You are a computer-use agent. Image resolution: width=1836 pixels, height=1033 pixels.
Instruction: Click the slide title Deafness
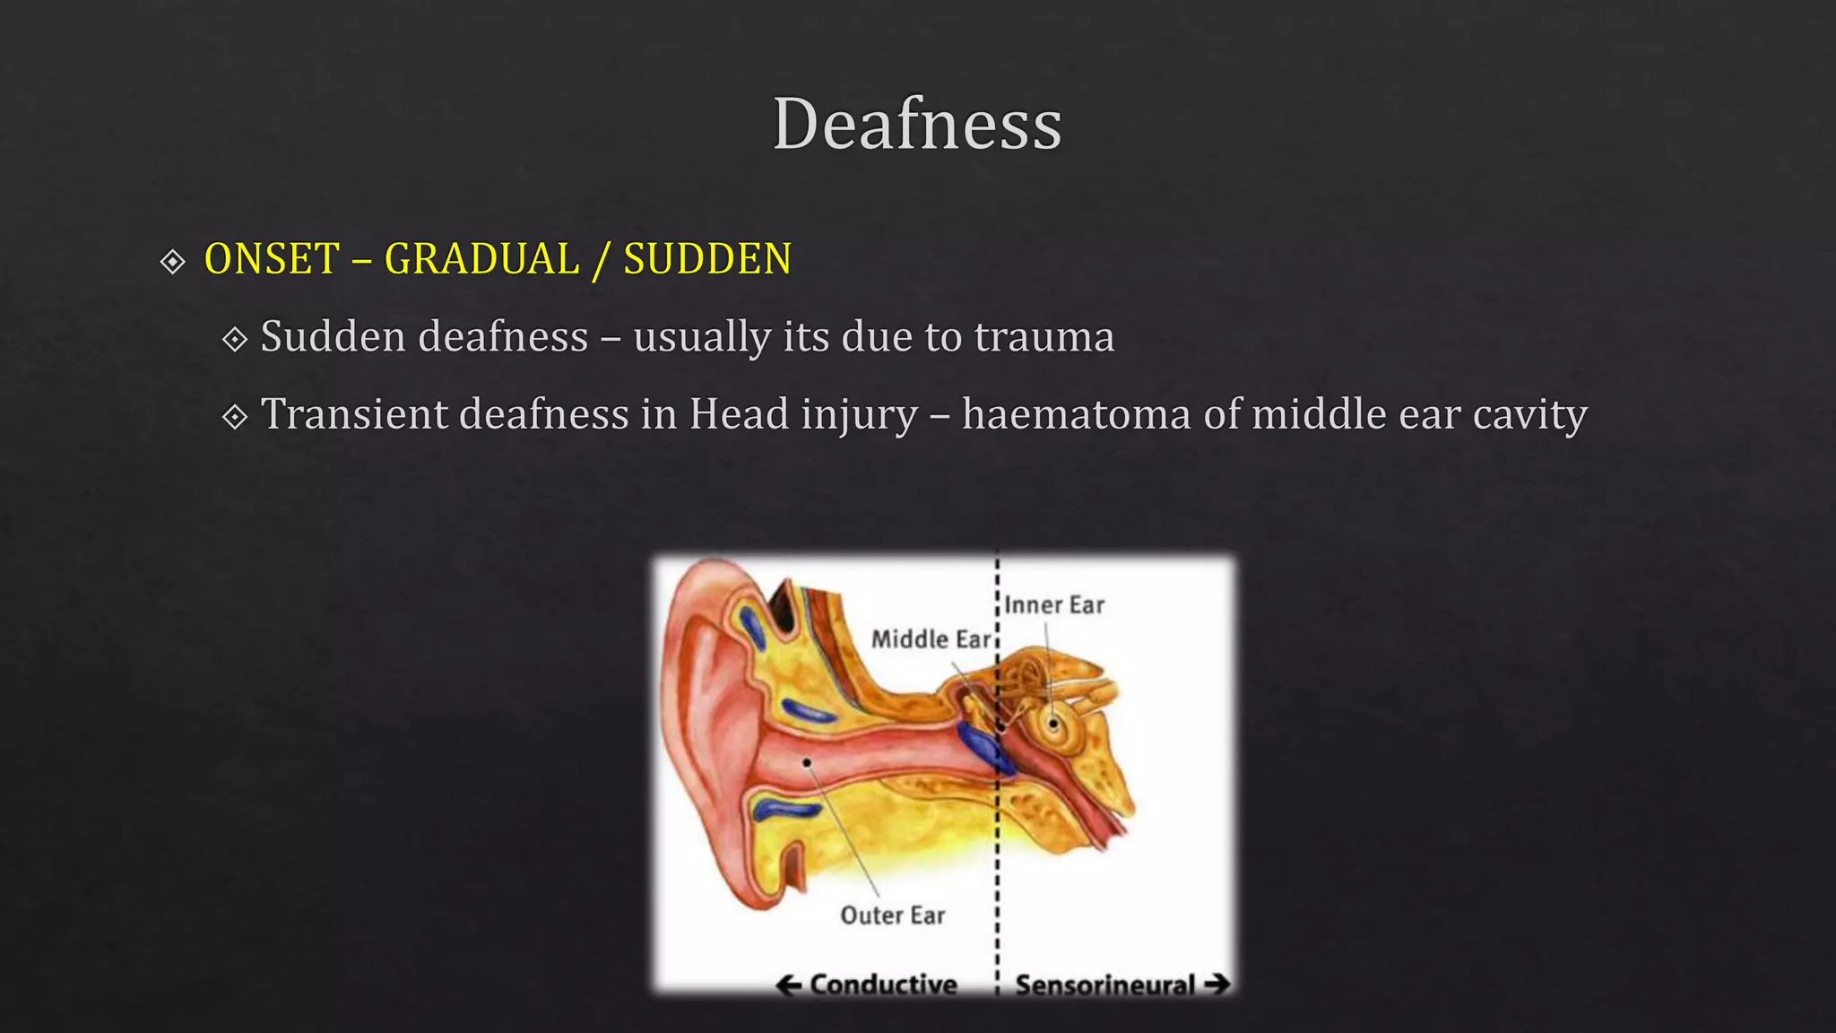(917, 124)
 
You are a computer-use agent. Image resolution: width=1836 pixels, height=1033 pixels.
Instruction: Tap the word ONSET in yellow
(272, 259)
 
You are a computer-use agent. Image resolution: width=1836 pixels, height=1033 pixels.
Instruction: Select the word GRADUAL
(481, 259)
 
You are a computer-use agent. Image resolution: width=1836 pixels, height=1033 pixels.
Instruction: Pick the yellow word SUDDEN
(707, 259)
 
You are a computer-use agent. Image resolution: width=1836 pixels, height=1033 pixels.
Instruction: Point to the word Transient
(356, 414)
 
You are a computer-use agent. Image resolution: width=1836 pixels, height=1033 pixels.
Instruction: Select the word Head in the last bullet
(739, 414)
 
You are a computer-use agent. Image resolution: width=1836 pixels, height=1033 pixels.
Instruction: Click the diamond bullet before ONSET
(172, 261)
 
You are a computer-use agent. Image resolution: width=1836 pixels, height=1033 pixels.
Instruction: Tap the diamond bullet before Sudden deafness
(235, 339)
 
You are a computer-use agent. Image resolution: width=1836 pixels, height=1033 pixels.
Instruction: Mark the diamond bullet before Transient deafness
(235, 416)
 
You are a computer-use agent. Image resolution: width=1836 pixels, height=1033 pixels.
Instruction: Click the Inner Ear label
(1054, 605)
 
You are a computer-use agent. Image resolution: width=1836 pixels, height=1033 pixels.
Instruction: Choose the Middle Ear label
(931, 639)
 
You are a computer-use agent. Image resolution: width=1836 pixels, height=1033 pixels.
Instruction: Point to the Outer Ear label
(893, 916)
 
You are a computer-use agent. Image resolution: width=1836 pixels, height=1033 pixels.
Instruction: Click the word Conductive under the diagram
(883, 985)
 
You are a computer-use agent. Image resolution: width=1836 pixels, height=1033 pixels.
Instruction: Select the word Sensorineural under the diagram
(1105, 985)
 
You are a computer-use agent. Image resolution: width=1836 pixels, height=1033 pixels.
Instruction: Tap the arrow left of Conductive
(789, 985)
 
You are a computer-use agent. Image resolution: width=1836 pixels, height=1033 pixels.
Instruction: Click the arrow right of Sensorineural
(1217, 985)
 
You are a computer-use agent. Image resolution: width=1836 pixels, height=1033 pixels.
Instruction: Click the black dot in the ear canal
(807, 763)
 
